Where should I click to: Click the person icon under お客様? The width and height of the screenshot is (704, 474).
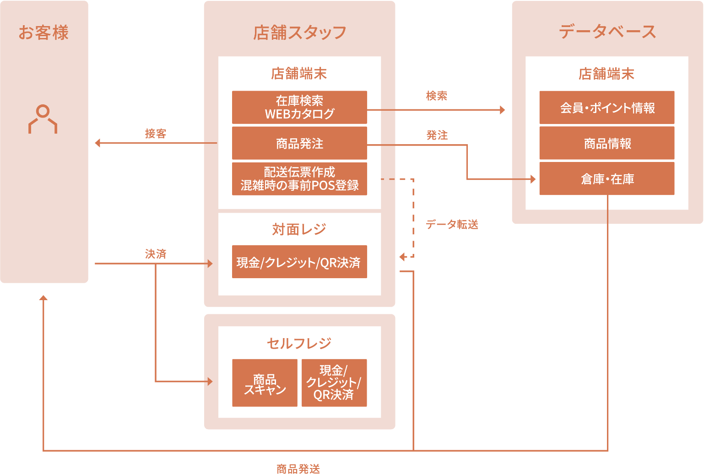43,119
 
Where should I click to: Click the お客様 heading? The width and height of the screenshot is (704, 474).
43,32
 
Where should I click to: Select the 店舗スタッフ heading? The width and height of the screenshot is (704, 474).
299,32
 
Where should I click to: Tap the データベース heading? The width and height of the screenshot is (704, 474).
607,32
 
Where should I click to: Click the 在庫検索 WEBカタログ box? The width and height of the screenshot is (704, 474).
299,108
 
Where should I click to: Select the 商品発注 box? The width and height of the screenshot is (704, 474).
299,143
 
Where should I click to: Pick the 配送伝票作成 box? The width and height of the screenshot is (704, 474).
299,179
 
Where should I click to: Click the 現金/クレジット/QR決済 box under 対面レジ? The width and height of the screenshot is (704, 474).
299,262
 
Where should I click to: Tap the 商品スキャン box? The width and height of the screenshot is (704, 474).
265,383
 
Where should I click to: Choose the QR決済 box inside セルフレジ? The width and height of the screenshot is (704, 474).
334,383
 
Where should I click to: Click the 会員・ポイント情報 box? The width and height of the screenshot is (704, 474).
607,108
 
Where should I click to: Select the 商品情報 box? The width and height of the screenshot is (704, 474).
607,143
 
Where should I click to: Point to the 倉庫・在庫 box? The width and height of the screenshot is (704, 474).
607,179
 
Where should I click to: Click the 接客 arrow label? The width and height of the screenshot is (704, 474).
156,134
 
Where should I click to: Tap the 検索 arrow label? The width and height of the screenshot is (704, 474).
436,96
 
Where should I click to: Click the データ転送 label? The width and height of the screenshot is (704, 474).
452,224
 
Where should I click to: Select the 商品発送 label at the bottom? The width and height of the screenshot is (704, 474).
298,469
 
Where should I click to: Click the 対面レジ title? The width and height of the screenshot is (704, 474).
299,229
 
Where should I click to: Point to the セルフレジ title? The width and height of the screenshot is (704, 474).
299,343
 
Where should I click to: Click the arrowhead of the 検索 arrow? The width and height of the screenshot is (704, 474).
503,110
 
